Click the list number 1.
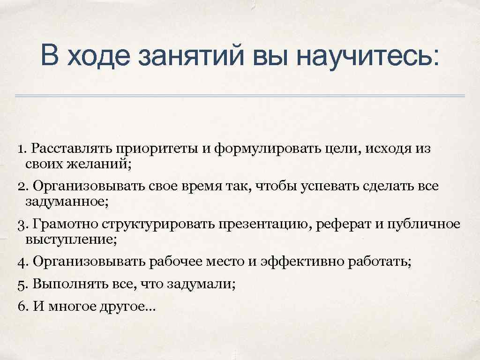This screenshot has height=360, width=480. (21, 150)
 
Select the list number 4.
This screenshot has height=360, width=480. (22, 262)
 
